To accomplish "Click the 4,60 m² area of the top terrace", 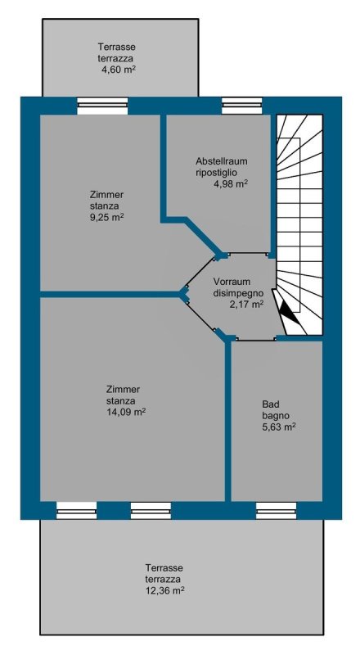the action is [x=119, y=69].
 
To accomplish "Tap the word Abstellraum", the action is [x=223, y=161].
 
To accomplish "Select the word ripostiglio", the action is [x=217, y=173].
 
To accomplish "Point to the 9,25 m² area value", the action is [x=106, y=218].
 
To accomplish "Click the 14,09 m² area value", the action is [x=126, y=413].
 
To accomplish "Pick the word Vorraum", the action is [x=230, y=281].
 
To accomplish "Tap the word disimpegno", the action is [x=238, y=293].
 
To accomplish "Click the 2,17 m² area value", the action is [x=246, y=305].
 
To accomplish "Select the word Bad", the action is [x=271, y=404].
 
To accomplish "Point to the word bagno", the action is [x=276, y=416].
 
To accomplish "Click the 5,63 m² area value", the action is [x=279, y=427].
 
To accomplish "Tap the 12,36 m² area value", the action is [x=165, y=591].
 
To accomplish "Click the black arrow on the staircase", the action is [x=290, y=312].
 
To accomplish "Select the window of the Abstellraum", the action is [x=242, y=106].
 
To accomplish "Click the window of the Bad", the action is [x=276, y=510].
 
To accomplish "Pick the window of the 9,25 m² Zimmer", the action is [x=102, y=106].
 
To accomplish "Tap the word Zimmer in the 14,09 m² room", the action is [x=124, y=390].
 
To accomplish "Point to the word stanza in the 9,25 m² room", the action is [x=104, y=206].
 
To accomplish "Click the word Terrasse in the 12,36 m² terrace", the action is [x=164, y=568].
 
